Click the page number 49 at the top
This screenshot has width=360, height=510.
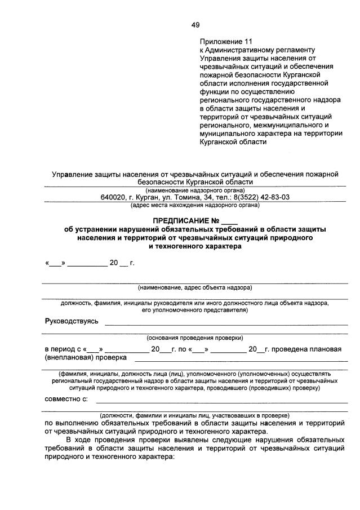[195, 24]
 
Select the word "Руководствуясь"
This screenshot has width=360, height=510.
[72, 321]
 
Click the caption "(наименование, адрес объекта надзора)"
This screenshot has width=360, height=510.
[195, 287]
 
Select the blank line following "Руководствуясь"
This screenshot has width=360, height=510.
[225, 323]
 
